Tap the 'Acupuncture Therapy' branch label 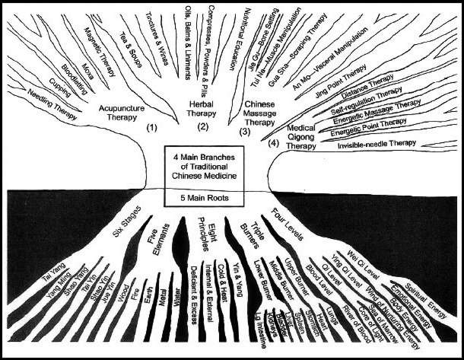click(x=120, y=113)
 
